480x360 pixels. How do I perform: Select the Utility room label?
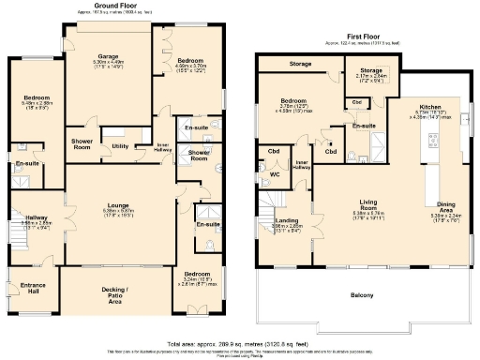tap(120, 146)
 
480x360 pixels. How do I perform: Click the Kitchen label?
tap(431, 108)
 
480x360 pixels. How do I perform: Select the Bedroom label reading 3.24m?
tap(200, 273)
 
